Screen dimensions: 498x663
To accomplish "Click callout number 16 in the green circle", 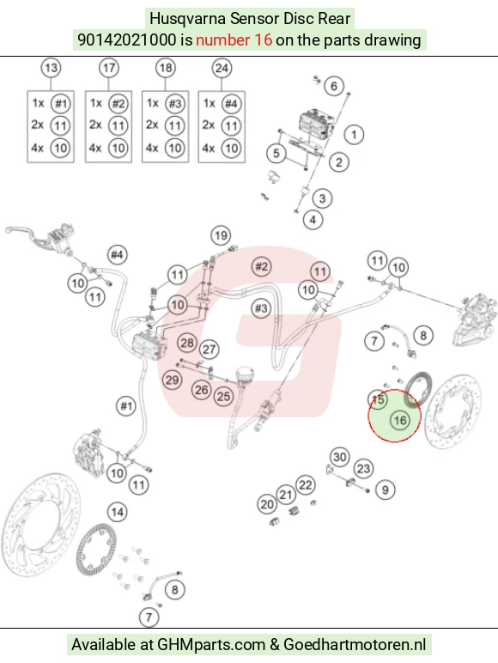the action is (399, 420).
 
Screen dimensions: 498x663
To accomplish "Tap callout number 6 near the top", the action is (334, 86).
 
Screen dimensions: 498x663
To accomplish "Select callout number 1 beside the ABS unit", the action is (354, 135).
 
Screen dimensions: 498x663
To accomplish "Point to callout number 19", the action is (221, 235).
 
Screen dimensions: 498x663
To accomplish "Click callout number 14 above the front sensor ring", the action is (118, 513).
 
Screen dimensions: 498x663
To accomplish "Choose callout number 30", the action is (340, 457).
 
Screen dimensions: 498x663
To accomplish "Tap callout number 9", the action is (386, 490).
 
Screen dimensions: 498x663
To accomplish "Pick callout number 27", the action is (210, 350).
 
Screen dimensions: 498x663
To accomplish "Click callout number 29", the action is (172, 380).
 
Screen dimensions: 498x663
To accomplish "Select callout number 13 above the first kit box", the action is (51, 68).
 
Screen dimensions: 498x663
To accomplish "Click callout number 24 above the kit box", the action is (222, 68).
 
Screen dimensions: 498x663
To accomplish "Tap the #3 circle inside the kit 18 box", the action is (174, 104).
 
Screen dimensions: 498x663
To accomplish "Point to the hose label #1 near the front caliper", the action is (126, 406).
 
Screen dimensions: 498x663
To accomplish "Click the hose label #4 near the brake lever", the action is (117, 255).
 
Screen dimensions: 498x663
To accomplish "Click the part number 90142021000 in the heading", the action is (126, 40).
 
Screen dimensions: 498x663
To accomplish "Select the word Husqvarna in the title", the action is (188, 19).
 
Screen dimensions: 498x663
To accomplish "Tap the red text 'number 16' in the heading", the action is (234, 40).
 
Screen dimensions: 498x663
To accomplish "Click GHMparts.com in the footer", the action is (211, 644).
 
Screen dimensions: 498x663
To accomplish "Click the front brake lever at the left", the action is (21, 234).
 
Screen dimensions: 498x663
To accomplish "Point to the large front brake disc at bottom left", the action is (40, 525).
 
